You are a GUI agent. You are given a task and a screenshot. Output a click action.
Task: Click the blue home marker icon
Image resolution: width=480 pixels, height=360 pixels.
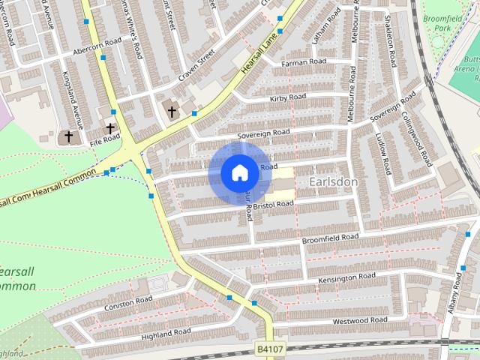click(x=239, y=173)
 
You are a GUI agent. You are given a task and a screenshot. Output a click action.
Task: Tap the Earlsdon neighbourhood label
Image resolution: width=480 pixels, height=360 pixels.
click(x=331, y=182)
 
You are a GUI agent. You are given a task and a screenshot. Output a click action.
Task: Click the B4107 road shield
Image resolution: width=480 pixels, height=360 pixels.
click(x=271, y=349)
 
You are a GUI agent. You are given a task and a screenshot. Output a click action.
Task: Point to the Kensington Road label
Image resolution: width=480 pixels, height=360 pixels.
click(x=346, y=277)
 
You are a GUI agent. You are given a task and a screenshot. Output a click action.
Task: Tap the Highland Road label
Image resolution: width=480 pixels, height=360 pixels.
click(x=166, y=331)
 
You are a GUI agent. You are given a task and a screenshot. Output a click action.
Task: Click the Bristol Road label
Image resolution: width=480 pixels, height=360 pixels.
click(x=272, y=204)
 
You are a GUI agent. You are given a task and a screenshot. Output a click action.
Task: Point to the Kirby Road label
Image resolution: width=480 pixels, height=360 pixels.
click(x=289, y=97)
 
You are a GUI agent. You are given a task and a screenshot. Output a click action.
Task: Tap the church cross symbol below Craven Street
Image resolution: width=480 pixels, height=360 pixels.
click(x=172, y=112)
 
